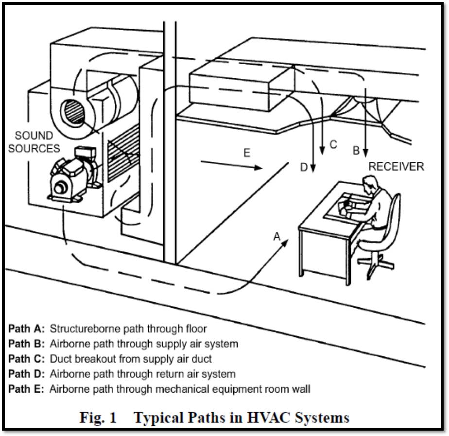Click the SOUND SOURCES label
(34, 142)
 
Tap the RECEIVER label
(396, 167)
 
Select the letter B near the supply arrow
(356, 151)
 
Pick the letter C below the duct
(333, 144)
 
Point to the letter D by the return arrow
(304, 168)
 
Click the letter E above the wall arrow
(247, 153)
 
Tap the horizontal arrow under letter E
(231, 166)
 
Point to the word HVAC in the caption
(265, 418)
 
